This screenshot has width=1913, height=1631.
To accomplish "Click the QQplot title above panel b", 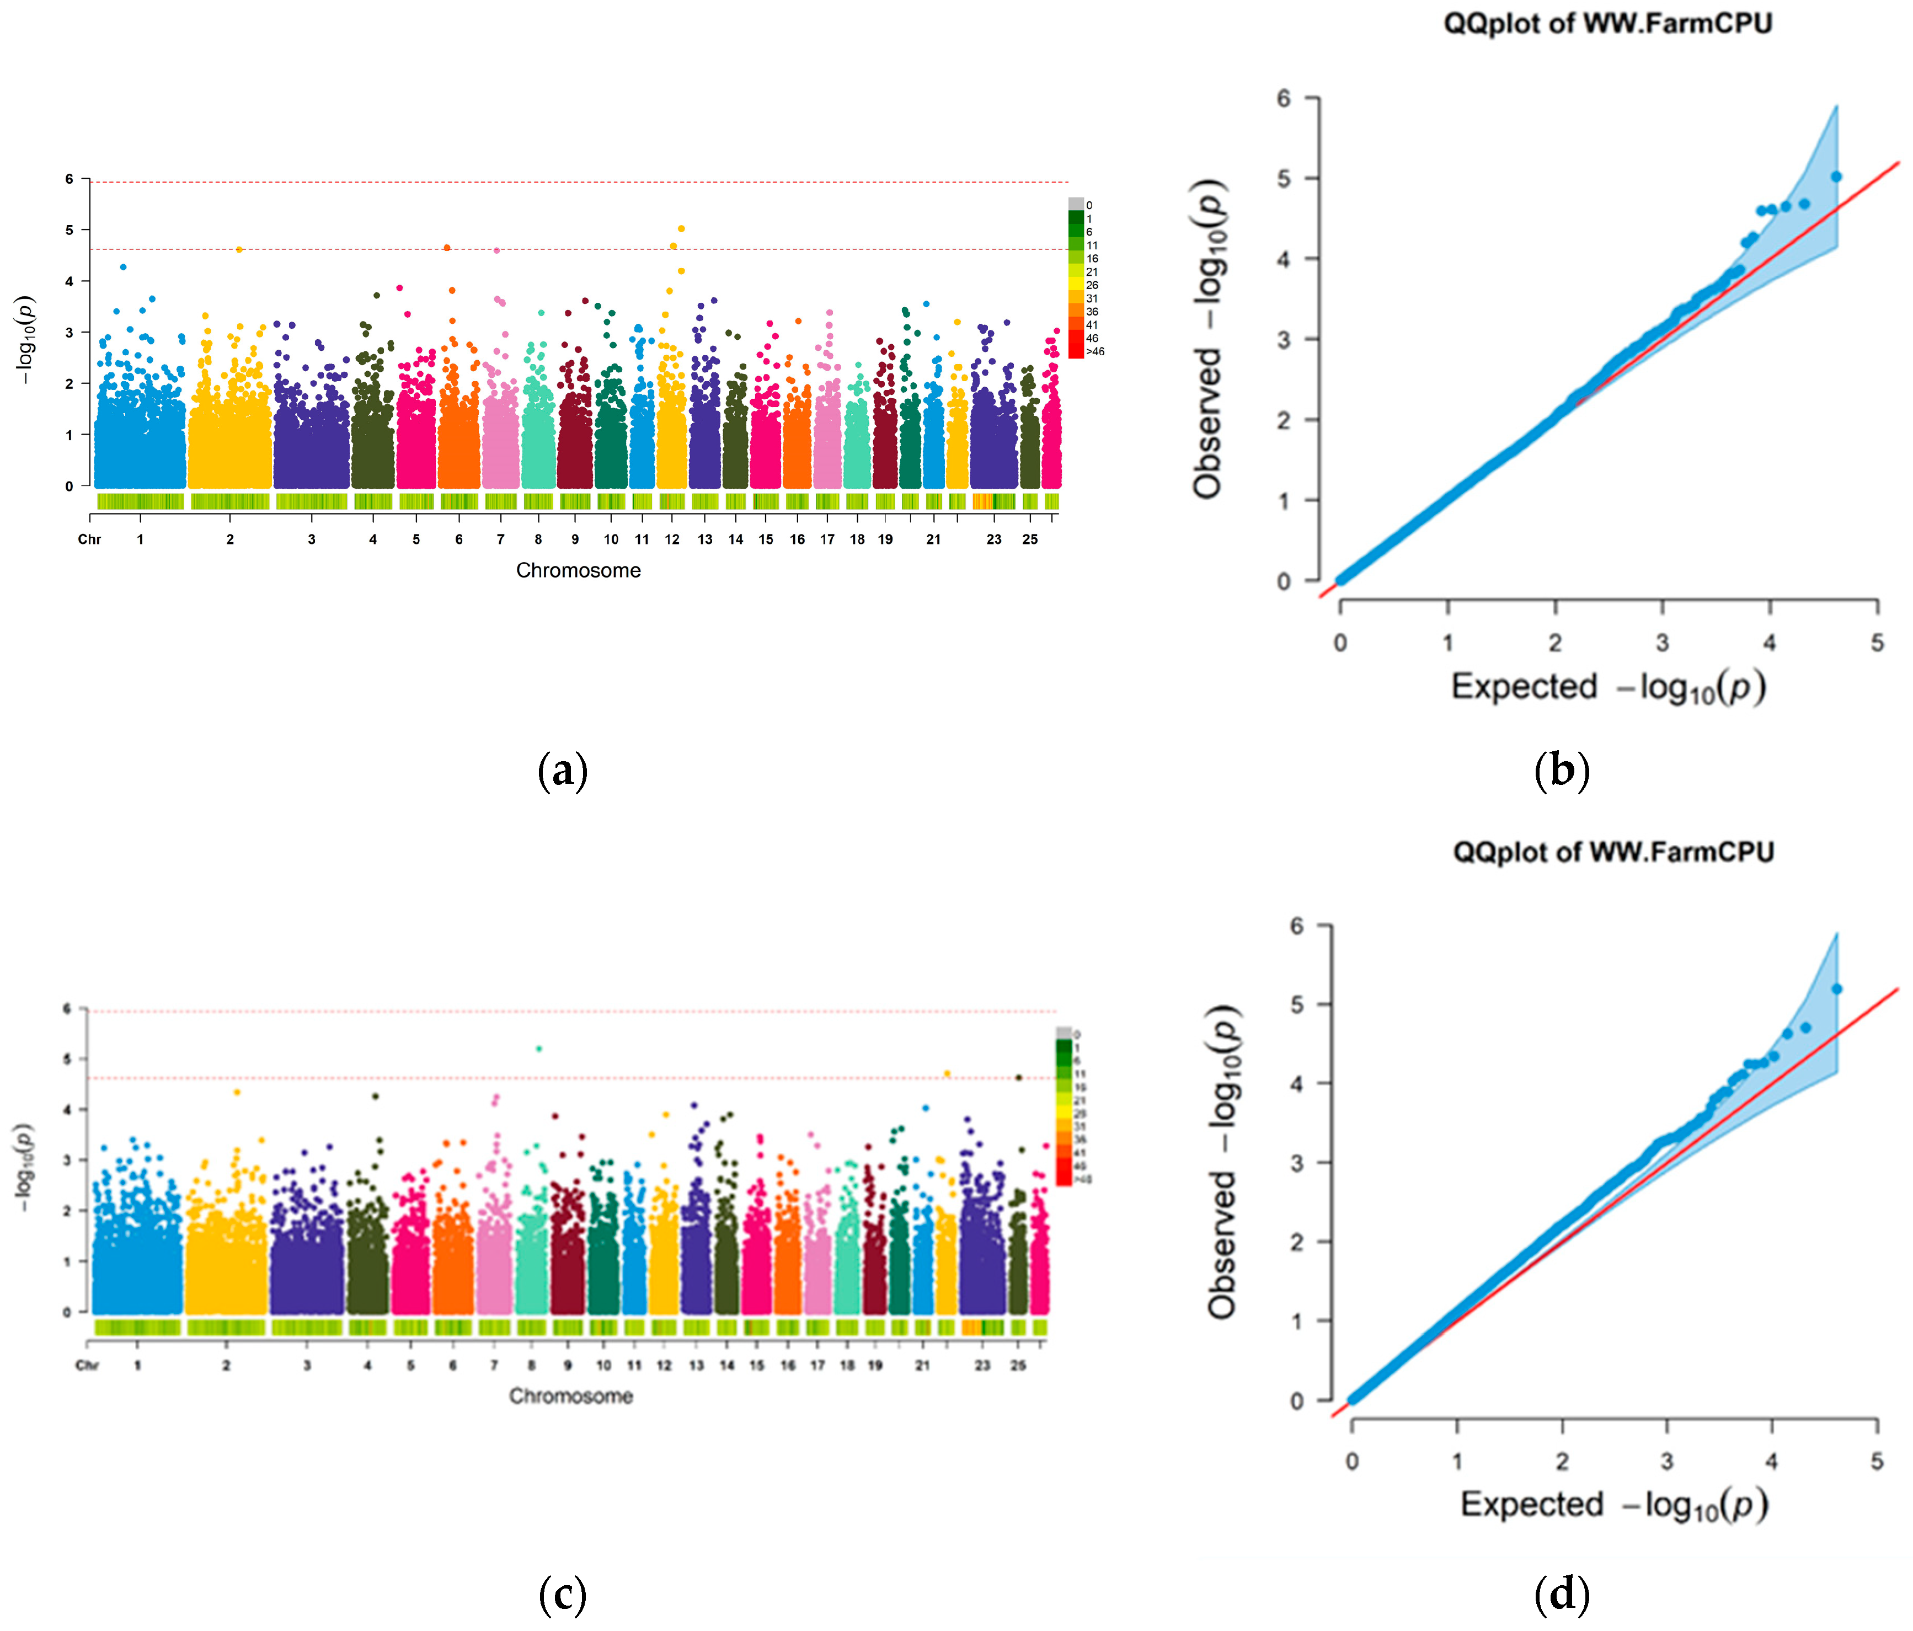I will [x=1607, y=23].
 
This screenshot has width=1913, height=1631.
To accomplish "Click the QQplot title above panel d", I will [x=1613, y=851].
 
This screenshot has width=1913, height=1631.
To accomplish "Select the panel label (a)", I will [x=562, y=770].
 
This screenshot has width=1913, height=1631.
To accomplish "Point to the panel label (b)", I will [x=1561, y=770].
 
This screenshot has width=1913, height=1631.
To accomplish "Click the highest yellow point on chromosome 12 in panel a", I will [x=681, y=228].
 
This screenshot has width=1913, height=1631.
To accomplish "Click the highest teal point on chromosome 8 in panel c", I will [x=539, y=1049].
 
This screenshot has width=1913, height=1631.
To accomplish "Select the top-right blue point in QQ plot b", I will [x=1836, y=177].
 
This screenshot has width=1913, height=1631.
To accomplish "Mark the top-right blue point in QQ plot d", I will [x=1836, y=988].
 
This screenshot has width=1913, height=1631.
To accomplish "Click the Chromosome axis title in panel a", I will [x=578, y=570].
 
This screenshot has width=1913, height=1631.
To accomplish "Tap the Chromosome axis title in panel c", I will [x=570, y=1395].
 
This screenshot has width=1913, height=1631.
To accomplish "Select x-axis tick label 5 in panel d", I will [x=1876, y=1461].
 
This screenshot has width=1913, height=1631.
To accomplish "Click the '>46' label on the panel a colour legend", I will [x=1095, y=352].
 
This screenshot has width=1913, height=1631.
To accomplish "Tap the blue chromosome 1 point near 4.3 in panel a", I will [x=124, y=267].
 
